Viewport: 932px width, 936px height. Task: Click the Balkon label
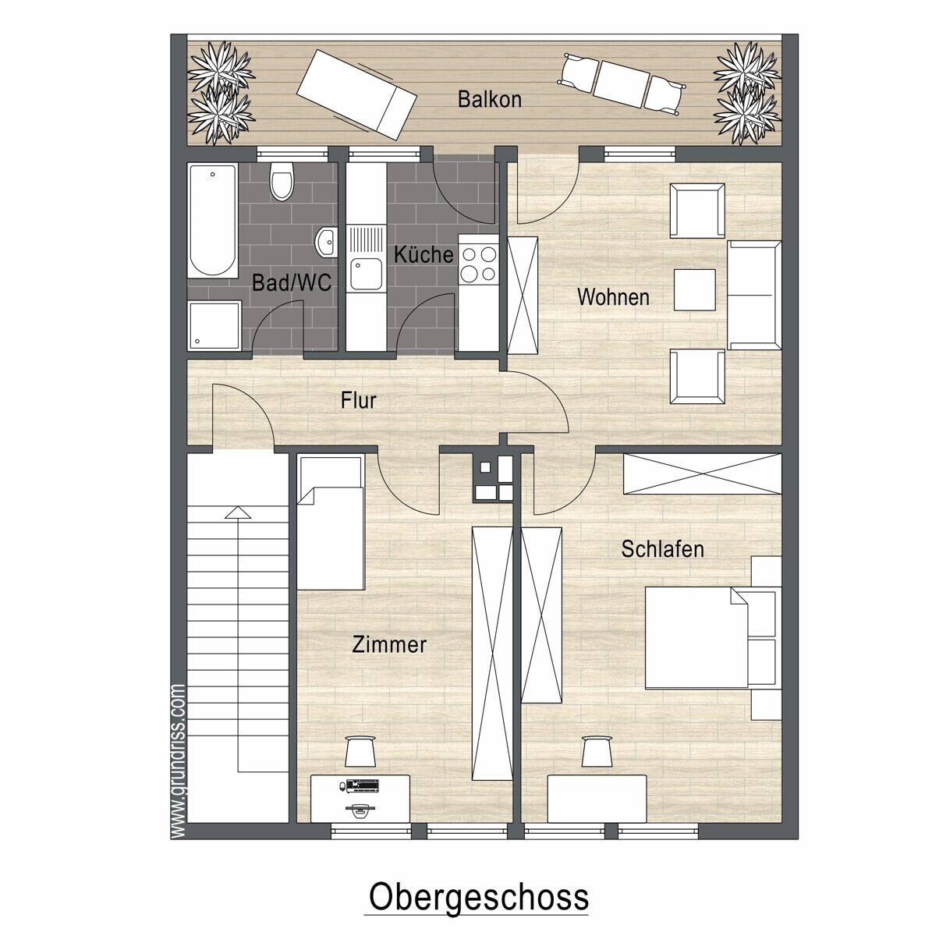click(490, 100)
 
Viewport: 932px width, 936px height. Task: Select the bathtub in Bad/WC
click(213, 221)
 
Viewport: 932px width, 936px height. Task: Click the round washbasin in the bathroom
click(326, 241)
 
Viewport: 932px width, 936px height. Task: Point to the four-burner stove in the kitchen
click(479, 264)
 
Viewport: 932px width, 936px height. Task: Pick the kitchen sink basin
click(367, 275)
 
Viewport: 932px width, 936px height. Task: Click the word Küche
click(423, 254)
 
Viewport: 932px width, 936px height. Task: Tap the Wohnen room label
click(613, 296)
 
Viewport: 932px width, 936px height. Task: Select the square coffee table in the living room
click(694, 290)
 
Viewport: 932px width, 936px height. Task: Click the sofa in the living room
click(754, 295)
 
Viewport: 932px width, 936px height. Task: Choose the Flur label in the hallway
click(359, 401)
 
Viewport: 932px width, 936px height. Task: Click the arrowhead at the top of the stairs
click(238, 512)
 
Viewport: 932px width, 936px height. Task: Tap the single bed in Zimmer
click(331, 522)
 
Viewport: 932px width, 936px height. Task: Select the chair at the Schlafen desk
click(597, 751)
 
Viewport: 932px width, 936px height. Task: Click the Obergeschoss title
click(479, 898)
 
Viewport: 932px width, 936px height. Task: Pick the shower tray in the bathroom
click(214, 325)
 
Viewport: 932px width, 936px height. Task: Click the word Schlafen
click(662, 549)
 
